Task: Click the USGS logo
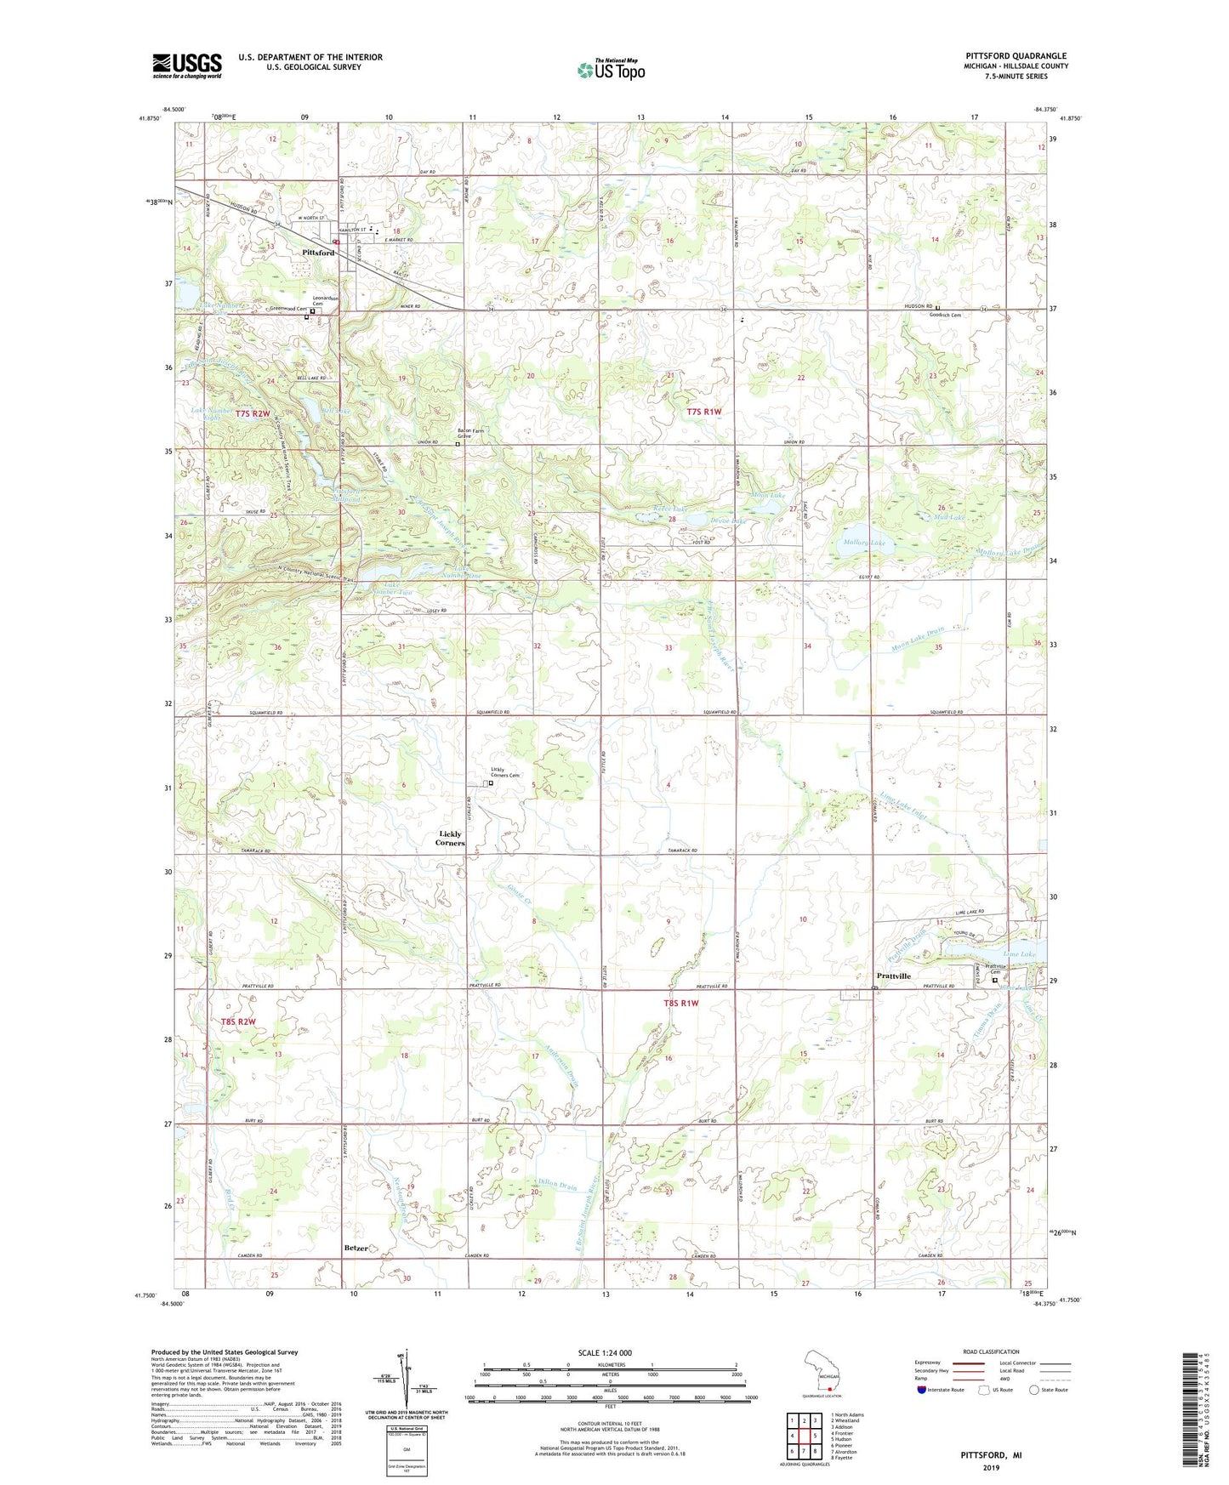(186, 65)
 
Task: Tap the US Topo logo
(610, 70)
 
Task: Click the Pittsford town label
(318, 253)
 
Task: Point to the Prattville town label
(893, 976)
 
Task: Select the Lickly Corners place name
(450, 838)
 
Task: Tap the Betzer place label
(356, 1248)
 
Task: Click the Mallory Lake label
(863, 542)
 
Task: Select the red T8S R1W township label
(680, 1004)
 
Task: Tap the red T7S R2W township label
(253, 413)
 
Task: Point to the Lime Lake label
(1019, 954)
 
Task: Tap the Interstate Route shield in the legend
(922, 1390)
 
